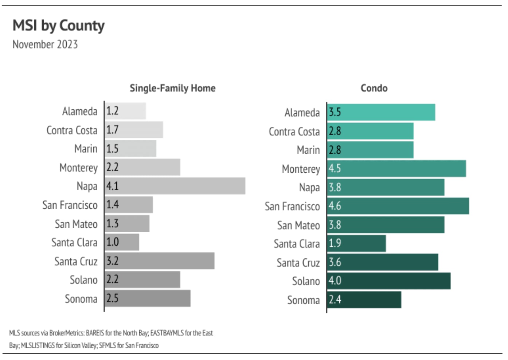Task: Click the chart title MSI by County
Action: (x=58, y=26)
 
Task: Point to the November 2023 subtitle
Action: (x=45, y=44)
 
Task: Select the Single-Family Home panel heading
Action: (x=172, y=88)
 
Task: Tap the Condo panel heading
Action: (x=374, y=88)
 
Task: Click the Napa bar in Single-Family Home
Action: (x=175, y=186)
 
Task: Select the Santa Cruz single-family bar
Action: (x=160, y=261)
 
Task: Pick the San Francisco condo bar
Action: (x=398, y=206)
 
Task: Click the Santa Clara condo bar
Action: (x=356, y=243)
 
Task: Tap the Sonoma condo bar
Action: (x=364, y=300)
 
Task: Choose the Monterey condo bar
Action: (x=396, y=169)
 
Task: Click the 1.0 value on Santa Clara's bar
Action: (x=113, y=242)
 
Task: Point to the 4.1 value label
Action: (x=113, y=186)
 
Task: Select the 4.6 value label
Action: (x=335, y=206)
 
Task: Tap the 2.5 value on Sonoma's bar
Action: (x=113, y=298)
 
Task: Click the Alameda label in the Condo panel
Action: (x=302, y=113)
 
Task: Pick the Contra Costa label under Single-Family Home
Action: (x=72, y=130)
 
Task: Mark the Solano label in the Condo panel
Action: (x=306, y=281)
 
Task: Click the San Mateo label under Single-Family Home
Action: (x=76, y=224)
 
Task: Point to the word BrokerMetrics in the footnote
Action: (x=67, y=333)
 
